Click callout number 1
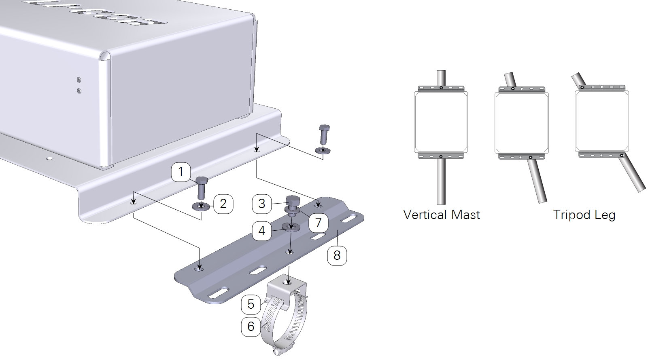[181, 172]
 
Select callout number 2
[223, 204]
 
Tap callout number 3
[261, 204]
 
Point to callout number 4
[261, 231]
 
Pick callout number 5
[251, 304]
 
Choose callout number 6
[251, 326]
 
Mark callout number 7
[318, 222]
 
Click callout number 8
[337, 255]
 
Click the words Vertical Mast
[442, 214]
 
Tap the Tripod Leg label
[584, 214]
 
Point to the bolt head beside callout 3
[292, 201]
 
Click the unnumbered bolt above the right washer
[324, 134]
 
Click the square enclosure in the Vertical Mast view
[441, 122]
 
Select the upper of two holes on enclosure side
[79, 80]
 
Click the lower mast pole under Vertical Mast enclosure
[441, 182]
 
